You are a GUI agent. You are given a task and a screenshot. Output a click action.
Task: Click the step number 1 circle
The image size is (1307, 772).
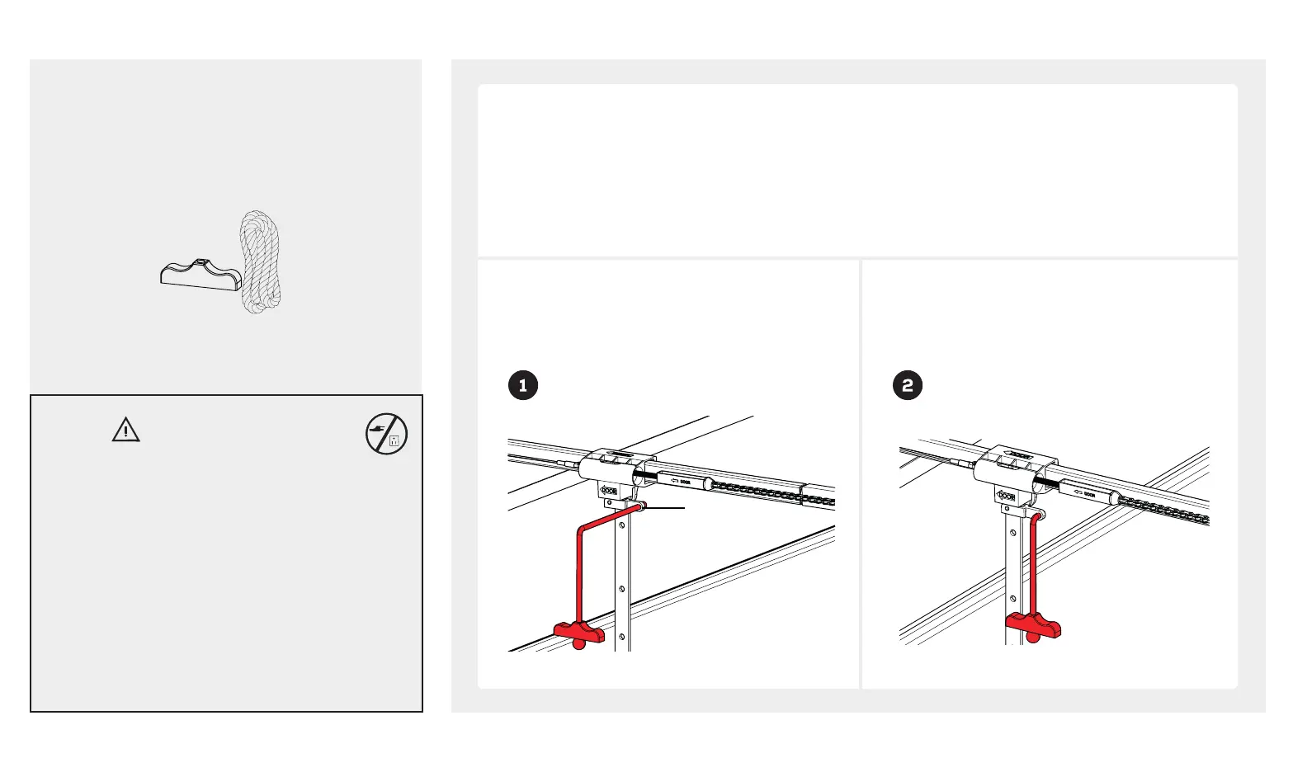click(523, 385)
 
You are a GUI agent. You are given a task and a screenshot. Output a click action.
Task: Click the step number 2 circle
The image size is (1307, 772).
click(908, 385)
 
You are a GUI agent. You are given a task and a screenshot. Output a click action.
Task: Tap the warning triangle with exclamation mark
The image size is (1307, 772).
click(125, 430)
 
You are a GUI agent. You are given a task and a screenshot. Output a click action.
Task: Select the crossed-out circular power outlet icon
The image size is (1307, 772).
click(386, 434)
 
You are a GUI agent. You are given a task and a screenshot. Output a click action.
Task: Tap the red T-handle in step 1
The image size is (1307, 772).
click(579, 632)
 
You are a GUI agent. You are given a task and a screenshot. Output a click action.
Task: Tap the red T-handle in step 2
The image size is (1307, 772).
click(1032, 626)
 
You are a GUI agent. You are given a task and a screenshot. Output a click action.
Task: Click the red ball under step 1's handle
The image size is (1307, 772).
click(579, 643)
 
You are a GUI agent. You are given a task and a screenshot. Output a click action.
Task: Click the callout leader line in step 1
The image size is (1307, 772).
click(665, 509)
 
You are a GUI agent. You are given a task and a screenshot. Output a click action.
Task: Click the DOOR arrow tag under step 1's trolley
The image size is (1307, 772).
click(608, 491)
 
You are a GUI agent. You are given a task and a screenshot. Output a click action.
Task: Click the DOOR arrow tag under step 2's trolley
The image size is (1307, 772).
click(1006, 496)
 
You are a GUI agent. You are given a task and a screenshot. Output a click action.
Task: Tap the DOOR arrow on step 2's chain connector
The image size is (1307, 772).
click(1084, 494)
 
